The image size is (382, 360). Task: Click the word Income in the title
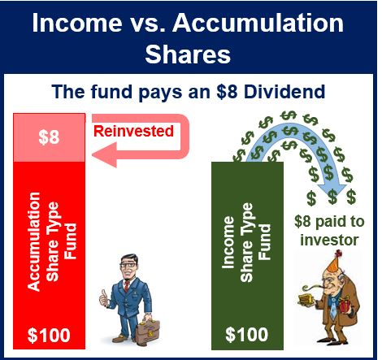pos(77,23)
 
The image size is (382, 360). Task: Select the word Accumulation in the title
pos(258,23)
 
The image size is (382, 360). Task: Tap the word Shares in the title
pos(188,54)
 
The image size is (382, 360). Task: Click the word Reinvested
pos(133,131)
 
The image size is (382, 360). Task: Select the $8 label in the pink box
pos(49,137)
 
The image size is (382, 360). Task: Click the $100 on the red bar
pos(49,335)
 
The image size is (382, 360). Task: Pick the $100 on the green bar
pos(247,334)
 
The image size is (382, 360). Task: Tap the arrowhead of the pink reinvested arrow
pos(105,154)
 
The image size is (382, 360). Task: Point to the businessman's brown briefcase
pos(147,331)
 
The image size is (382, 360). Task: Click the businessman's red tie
pos(127,286)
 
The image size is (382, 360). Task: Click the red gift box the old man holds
pos(344,304)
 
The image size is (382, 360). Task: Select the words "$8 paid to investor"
pos(329,231)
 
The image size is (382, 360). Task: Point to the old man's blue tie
pos(333,307)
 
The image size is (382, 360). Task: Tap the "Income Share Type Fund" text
pos(246,243)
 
